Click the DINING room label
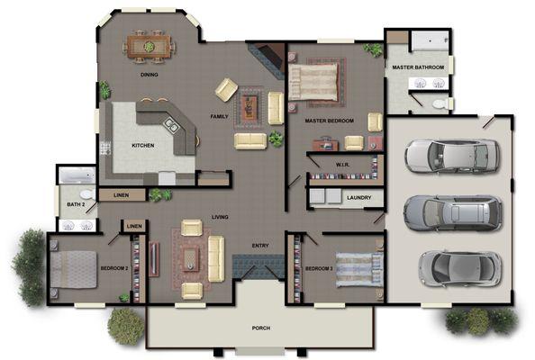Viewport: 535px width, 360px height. pos(150,75)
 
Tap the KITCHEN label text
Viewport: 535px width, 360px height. pos(143,146)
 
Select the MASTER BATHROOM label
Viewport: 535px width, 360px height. pos(417,67)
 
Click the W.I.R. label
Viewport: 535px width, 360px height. pos(342,164)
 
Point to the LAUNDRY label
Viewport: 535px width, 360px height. pos(358,197)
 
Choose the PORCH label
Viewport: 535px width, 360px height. pos(261,328)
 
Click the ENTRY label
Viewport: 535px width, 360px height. pos(260,246)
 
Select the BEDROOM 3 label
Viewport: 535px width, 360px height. pos(319,268)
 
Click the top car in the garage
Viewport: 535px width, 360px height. pos(449,157)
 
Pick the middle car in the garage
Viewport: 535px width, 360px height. pos(452,212)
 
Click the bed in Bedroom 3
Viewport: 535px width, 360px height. pos(361,266)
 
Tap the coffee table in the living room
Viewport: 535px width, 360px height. pos(191,257)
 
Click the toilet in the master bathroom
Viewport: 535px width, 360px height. pos(439,103)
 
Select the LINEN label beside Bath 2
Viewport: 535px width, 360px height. pos(117,195)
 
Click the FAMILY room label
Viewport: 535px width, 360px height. pos(219,117)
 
